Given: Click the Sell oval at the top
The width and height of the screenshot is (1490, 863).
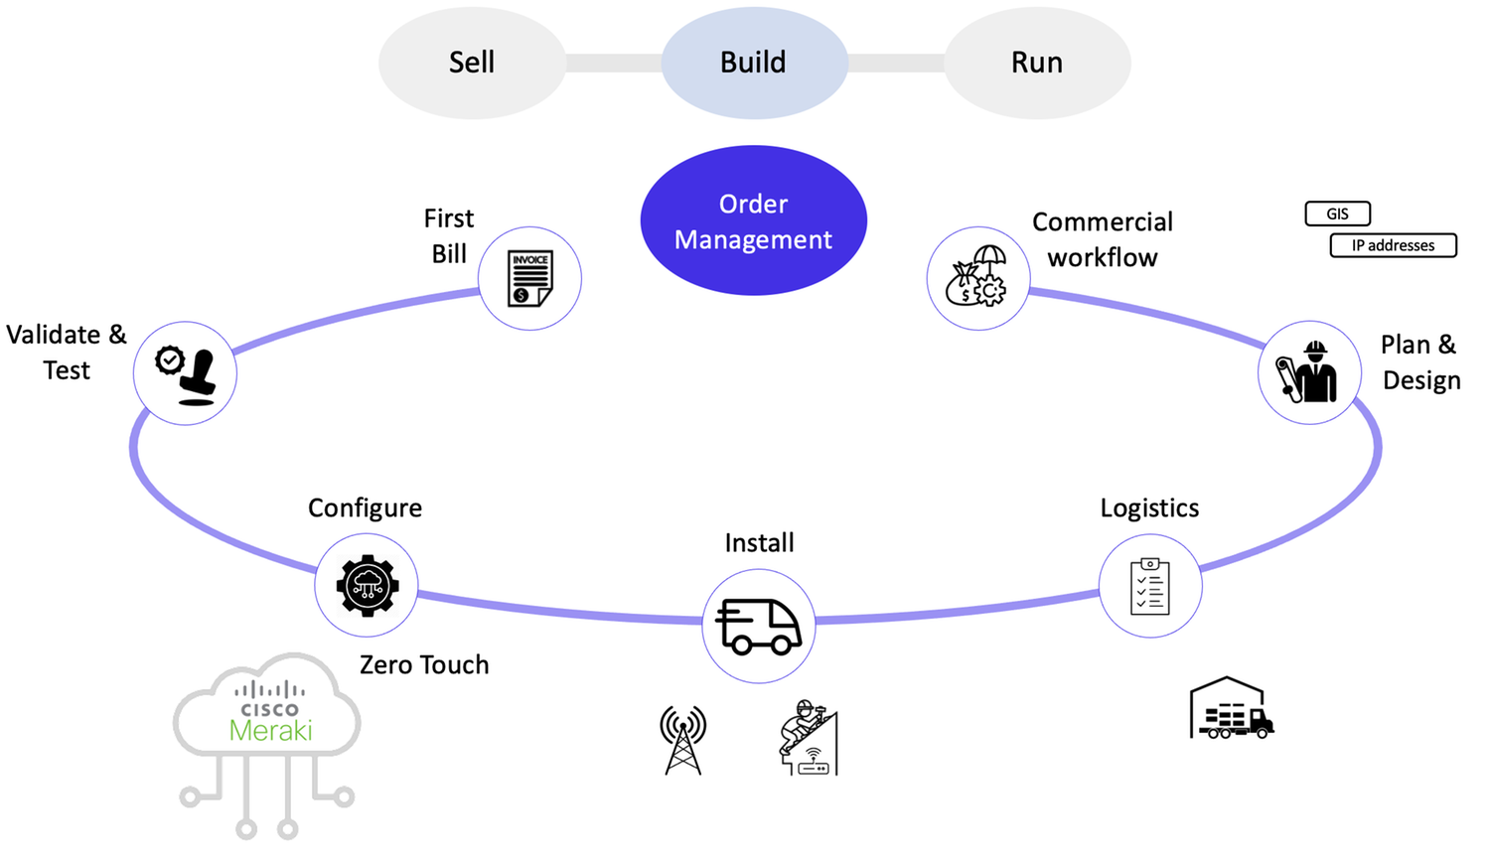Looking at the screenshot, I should [472, 63].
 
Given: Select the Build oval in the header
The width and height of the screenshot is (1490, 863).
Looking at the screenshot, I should [754, 63].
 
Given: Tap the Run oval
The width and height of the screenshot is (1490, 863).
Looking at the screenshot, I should [1037, 63].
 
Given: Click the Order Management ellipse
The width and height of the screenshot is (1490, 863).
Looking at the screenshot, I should [754, 220].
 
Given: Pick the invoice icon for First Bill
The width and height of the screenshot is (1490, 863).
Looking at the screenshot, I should [529, 278].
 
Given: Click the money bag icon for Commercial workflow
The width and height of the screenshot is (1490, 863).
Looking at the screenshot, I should [977, 277].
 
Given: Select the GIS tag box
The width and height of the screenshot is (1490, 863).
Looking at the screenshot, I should [1337, 214].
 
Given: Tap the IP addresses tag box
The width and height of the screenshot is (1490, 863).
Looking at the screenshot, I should [1393, 245].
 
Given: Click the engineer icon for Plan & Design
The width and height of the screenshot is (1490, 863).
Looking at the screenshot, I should [1308, 372].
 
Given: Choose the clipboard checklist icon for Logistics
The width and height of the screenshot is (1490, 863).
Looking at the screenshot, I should [1150, 586].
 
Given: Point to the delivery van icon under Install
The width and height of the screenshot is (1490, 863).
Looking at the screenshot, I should [759, 626].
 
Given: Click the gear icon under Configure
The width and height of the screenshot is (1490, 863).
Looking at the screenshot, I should [367, 586].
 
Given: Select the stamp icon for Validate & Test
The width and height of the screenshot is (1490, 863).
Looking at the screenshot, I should [186, 374].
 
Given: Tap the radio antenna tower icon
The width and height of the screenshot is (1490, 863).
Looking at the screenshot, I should [683, 740].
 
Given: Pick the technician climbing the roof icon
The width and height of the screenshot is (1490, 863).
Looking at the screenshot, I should [809, 738].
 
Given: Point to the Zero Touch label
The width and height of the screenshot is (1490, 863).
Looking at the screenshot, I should [424, 664].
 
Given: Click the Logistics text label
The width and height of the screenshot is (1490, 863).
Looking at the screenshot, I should [1149, 507].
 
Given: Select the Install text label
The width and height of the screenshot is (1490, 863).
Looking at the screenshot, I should [759, 542].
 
